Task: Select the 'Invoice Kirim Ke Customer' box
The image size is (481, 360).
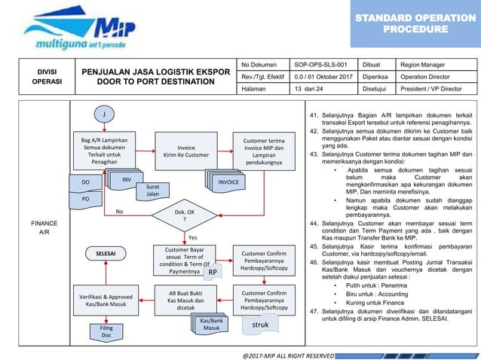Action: tap(182, 151)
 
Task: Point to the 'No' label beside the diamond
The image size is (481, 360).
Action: tap(119, 212)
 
